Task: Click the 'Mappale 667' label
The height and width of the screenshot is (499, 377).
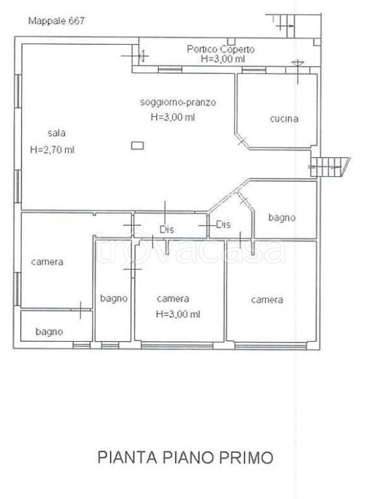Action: tap(57, 21)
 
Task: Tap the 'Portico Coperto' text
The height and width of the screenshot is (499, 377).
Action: tap(220, 49)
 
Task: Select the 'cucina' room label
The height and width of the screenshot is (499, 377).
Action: tap(284, 119)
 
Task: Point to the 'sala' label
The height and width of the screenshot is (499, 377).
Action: tap(57, 133)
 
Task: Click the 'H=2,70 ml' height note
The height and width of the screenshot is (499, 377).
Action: tap(52, 149)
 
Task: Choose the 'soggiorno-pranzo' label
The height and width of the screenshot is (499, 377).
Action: tap(178, 103)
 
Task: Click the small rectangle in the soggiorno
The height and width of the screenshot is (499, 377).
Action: tap(137, 146)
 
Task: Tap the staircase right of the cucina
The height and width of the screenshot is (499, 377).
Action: tap(330, 167)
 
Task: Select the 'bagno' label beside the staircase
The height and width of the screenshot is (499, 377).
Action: tap(282, 218)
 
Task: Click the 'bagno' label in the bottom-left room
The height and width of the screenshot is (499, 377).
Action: tap(49, 331)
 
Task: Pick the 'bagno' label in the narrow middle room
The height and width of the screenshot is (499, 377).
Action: tap(114, 298)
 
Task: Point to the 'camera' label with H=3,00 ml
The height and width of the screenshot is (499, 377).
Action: tap(173, 298)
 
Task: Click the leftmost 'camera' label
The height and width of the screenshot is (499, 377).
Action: tap(47, 262)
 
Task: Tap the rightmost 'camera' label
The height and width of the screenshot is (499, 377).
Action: tap(267, 300)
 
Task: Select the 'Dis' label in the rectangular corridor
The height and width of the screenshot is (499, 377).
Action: tap(167, 229)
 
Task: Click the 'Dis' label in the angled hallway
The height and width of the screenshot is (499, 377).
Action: tap(223, 225)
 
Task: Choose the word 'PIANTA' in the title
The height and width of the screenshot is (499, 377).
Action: tap(127, 457)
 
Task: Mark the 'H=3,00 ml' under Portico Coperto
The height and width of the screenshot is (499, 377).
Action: tap(223, 59)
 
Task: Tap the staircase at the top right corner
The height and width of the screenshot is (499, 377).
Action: tap(283, 25)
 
